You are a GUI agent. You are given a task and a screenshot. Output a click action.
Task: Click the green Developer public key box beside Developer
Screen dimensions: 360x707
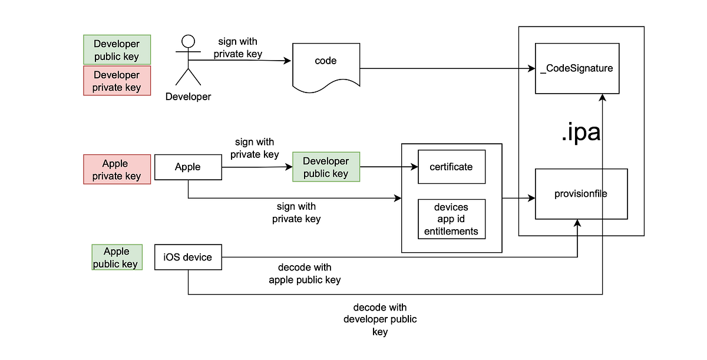(117, 50)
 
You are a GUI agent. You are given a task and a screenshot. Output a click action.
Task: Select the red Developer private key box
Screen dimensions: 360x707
(117, 81)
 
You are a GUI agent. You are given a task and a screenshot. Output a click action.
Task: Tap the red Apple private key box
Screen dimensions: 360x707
(117, 170)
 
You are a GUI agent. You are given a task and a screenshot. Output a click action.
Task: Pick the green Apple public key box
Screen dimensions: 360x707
(117, 257)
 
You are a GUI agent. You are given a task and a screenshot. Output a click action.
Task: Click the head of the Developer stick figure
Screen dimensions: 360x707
(187, 42)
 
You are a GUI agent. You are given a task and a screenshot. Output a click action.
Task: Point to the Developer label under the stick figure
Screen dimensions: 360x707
(188, 97)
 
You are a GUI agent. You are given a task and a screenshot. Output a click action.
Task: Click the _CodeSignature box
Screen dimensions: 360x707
(577, 68)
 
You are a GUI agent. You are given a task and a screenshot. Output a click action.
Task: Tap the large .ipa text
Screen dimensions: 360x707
(580, 133)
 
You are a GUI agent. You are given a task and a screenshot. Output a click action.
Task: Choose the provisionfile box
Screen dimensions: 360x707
(581, 194)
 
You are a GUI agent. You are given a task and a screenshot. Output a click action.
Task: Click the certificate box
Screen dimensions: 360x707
(451, 167)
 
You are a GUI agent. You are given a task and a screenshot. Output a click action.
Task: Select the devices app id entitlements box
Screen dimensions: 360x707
(451, 219)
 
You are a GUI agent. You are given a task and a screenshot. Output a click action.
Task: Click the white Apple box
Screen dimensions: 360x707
(188, 167)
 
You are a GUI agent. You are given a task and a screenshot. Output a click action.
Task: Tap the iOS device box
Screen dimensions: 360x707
(188, 257)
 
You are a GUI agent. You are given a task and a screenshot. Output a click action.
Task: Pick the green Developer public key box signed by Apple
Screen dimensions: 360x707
(326, 167)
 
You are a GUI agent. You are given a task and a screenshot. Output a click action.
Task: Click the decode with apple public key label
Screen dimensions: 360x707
(305, 274)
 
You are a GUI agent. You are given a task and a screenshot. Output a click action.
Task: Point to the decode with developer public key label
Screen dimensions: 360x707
(380, 319)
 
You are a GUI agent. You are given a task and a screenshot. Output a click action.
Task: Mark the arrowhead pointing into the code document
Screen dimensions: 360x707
(289, 61)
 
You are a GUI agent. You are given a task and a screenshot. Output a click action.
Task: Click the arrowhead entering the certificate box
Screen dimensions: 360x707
(414, 167)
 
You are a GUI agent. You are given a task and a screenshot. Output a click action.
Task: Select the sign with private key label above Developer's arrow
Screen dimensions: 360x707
(237, 48)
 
